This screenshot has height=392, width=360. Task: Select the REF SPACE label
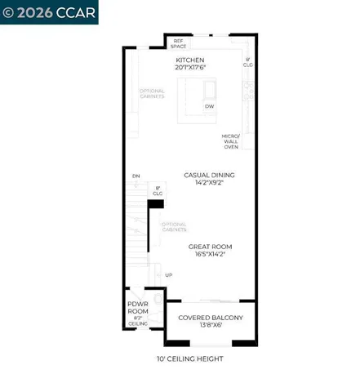click(x=178, y=43)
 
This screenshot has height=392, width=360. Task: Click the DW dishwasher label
click(x=209, y=106)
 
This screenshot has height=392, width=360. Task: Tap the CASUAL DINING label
click(x=209, y=175)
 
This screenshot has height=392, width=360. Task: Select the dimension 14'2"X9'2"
click(x=209, y=183)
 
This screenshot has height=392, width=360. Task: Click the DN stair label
click(x=136, y=176)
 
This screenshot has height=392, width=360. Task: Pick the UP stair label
click(x=168, y=275)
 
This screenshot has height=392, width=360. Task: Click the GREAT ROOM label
click(x=210, y=247)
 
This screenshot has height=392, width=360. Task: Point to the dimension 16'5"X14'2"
click(x=210, y=255)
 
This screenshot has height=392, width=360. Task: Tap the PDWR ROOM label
click(x=137, y=308)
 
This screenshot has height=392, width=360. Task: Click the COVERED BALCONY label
click(x=211, y=317)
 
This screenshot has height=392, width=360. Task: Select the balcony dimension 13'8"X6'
click(x=211, y=325)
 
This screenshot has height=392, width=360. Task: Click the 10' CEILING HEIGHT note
click(x=189, y=359)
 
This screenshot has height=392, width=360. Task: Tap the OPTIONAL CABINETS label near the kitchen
click(x=152, y=94)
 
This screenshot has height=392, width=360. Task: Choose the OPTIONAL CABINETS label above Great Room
click(x=173, y=226)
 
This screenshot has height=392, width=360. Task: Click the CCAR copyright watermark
click(x=49, y=12)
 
